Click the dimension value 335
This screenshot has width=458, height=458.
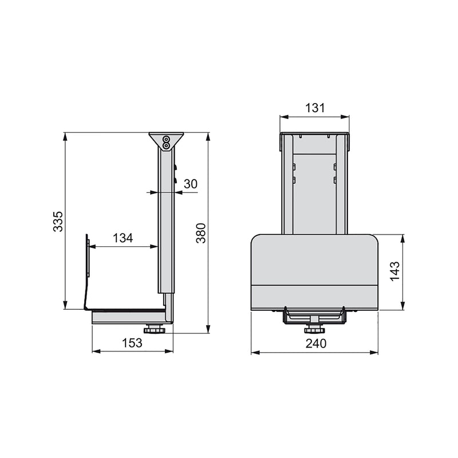[58, 221]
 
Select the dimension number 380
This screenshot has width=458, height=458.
[200, 232]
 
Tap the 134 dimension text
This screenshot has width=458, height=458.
[123, 238]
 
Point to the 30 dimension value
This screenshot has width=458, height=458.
[191, 184]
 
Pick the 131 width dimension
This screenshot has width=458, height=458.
[314, 107]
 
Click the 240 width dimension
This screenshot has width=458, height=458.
[314, 343]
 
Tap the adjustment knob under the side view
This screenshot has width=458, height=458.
[154, 330]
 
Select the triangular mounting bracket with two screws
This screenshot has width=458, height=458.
[166, 141]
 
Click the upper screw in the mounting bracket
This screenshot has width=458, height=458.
[166, 139]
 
